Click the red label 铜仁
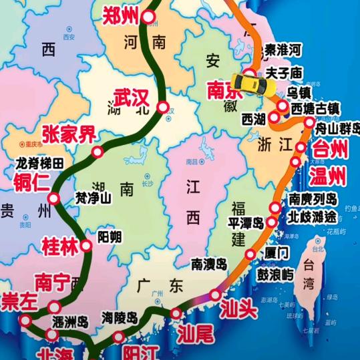[x=28, y=181]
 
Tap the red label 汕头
[x=238, y=310]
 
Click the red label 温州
[x=328, y=176]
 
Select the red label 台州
[x=331, y=149]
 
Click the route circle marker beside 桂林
[x=86, y=246]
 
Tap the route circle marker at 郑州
[x=150, y=17]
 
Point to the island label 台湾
[x=309, y=274]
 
